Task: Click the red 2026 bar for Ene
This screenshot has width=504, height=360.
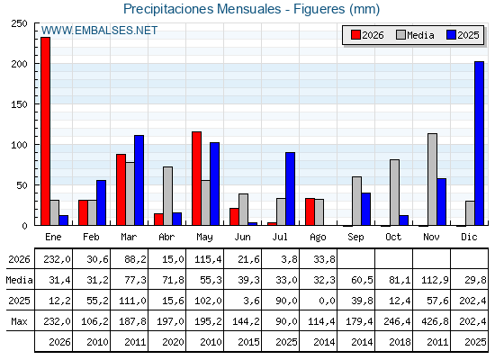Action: (45, 131)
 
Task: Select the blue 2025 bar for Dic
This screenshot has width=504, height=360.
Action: (479, 143)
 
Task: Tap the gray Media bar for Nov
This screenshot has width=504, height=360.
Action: (432, 179)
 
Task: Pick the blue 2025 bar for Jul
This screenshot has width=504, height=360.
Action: (290, 189)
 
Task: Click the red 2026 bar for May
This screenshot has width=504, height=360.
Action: (197, 178)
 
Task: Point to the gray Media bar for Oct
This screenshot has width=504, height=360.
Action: (394, 193)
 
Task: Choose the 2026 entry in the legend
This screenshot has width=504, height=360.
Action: (367, 35)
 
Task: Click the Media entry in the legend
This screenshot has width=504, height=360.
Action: (415, 35)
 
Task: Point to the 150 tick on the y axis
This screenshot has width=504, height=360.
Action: (36, 104)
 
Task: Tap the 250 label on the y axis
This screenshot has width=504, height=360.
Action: (19, 23)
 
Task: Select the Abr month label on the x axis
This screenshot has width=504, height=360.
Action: (166, 238)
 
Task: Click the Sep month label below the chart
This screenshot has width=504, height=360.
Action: (355, 238)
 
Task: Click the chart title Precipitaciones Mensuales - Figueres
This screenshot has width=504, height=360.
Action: (251, 9)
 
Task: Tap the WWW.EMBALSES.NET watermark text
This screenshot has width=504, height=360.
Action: (99, 31)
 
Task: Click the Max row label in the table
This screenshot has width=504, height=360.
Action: (19, 321)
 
